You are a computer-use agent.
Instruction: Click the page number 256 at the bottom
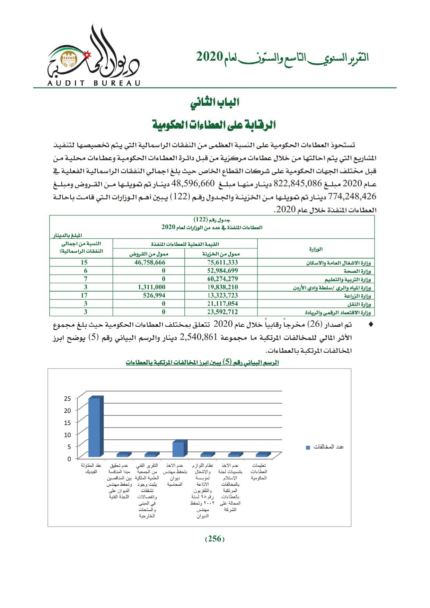pos(215,539)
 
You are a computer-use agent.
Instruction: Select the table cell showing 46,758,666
pos(150,262)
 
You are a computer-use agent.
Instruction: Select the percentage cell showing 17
pos(84,296)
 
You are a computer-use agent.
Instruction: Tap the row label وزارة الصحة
pos(357,271)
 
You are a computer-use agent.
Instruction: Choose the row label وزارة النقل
pos(359,304)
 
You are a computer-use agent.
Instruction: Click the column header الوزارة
pos(315,249)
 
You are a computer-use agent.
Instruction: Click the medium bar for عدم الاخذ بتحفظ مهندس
pos(179,449)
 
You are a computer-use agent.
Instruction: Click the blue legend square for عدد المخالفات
pos(308,448)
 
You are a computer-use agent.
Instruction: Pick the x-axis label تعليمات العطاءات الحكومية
pos(259,472)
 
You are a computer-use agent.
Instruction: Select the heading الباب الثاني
pos(215,103)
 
